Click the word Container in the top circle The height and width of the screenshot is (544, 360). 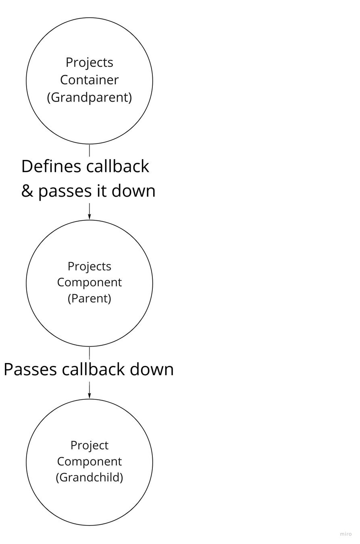click(89, 80)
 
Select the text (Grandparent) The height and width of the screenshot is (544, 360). click(89, 98)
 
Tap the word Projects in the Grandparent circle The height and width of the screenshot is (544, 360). click(89, 62)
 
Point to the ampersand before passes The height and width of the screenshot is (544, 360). click(27, 191)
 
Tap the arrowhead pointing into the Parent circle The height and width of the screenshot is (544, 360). click(89, 217)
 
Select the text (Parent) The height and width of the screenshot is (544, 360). click(89, 299)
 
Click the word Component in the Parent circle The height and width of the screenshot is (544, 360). click(89, 282)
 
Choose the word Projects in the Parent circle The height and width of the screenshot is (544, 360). click(89, 266)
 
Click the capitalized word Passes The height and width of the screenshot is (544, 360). click(30, 370)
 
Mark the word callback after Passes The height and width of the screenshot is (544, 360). click(95, 370)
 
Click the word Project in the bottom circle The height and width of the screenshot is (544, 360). click(89, 445)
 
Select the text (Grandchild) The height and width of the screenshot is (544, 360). click(89, 478)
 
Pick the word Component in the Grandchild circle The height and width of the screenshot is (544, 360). click(89, 461)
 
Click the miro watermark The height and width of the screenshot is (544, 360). click(345, 534)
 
